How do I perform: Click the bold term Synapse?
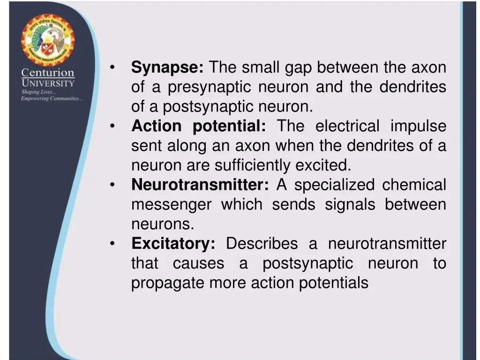167,68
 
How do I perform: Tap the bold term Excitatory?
173,244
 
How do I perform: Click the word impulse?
418,127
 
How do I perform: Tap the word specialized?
334,185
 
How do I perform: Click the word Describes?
262,244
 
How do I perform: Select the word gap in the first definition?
298,68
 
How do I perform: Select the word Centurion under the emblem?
48,73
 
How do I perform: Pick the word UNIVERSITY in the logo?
48,83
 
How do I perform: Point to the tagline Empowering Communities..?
52,98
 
